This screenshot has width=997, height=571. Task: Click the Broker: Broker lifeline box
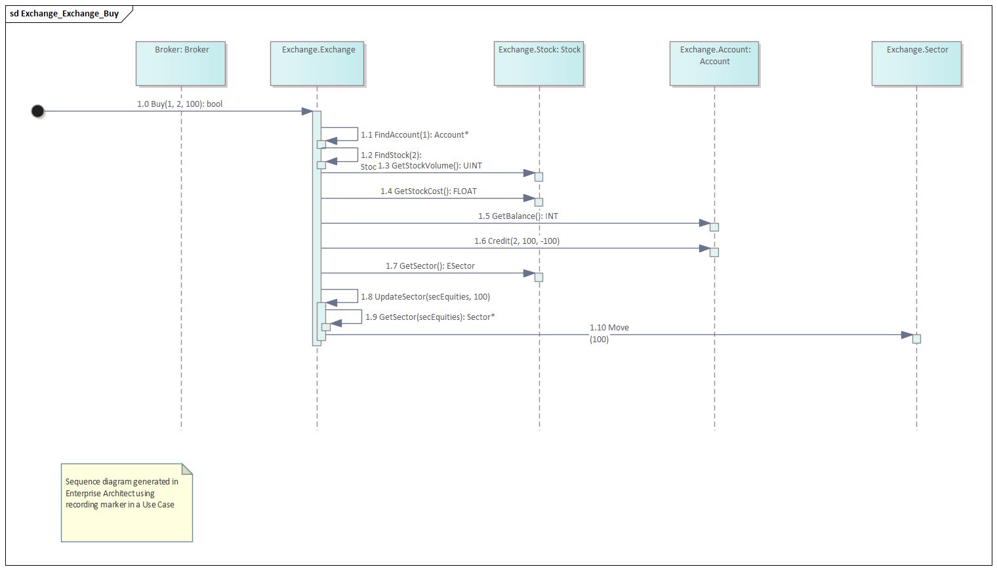coord(181,64)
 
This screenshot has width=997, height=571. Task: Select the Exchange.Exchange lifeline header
coord(317,64)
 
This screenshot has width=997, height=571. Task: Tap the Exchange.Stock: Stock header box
coord(539,64)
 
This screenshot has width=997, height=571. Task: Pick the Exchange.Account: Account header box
coord(714,64)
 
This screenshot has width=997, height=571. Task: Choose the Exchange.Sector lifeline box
coord(916,64)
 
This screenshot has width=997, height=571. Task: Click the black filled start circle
coord(38,111)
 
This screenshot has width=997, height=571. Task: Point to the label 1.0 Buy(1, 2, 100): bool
coord(180,104)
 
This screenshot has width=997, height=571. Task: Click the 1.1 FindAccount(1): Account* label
coord(415,135)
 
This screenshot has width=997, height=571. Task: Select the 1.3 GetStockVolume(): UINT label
coord(430,166)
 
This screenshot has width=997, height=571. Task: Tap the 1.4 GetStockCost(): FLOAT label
coord(428,191)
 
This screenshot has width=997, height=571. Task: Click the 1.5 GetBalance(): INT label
coord(518,216)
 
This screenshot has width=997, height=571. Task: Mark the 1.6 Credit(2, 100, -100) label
coord(517,241)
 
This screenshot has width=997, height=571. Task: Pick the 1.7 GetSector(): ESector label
coord(430,266)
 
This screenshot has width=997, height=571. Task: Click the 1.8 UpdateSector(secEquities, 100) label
coord(425,297)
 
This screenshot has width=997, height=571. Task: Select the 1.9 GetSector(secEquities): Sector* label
coord(430,317)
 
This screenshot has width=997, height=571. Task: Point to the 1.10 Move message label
coord(609,328)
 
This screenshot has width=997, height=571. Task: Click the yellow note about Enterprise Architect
coord(127,503)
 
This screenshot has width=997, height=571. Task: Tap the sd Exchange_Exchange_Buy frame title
coord(64,14)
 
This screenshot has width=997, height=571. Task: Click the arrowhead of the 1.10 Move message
coord(907,335)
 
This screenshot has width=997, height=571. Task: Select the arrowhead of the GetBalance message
coord(705,224)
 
